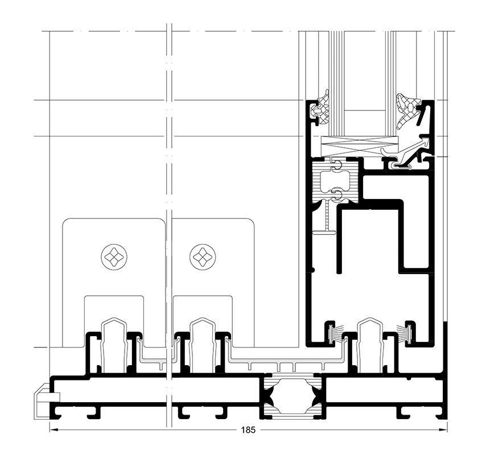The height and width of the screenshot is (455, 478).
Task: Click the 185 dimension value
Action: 249,430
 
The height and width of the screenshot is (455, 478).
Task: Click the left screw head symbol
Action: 114,257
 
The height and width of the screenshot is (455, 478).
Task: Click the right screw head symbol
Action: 203,257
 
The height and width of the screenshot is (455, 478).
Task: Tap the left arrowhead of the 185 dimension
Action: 54,430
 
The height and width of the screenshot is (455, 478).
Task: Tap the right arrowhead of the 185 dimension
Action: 443,430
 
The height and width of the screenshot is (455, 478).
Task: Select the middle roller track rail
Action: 202,345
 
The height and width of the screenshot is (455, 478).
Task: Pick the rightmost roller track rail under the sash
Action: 369,345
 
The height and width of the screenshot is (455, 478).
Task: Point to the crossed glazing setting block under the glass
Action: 360,146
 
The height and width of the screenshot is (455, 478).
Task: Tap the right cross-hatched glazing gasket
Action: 407,110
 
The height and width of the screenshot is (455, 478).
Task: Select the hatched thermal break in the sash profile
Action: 335,181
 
